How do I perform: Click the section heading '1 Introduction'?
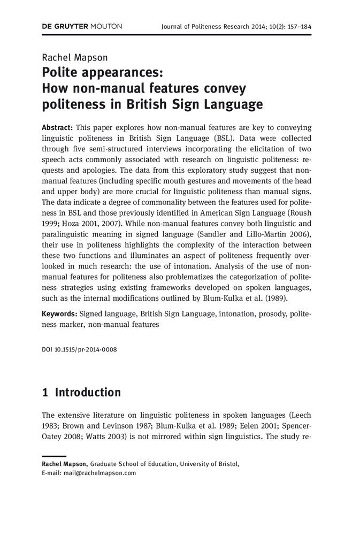click(x=81, y=392)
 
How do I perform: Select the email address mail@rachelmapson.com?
click(x=99, y=473)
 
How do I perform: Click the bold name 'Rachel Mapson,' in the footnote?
click(x=65, y=464)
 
